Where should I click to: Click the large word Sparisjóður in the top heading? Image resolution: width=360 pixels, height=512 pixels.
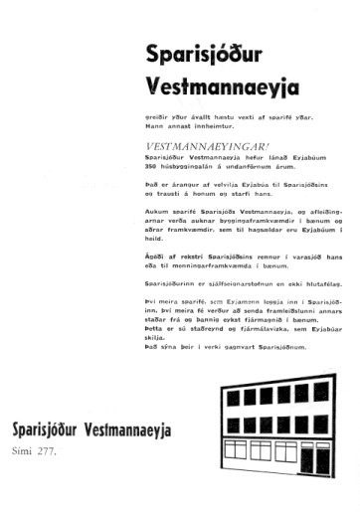coord(200,52)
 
